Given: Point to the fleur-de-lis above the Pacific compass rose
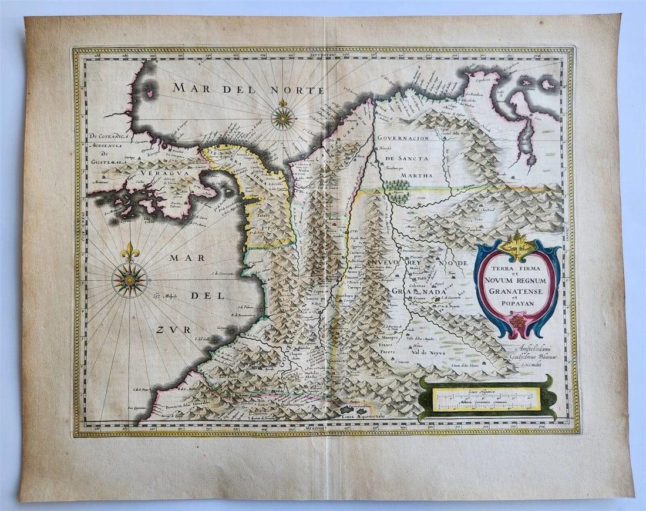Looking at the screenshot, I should [x=130, y=252].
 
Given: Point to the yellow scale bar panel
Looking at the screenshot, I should [x=486, y=399].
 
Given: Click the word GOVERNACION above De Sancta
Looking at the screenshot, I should [x=403, y=138].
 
